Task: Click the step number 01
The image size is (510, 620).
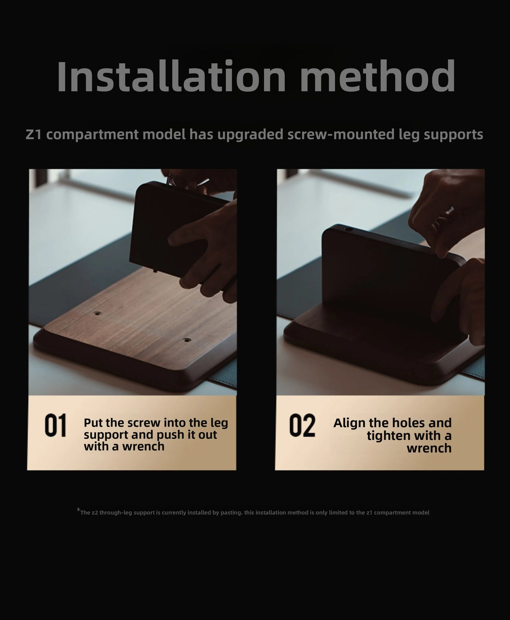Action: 56,426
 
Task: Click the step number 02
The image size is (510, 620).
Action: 302,426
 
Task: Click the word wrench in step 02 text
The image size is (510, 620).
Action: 429,448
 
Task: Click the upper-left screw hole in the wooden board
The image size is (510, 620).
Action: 96,313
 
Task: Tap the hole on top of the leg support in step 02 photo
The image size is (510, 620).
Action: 349,229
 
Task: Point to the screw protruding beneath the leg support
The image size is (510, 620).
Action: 155,270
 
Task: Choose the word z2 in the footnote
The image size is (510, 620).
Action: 95,513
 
